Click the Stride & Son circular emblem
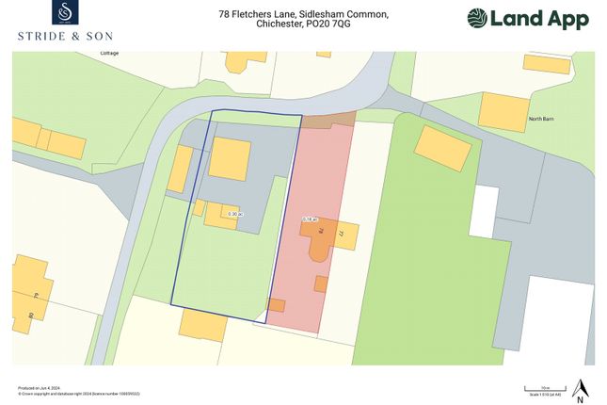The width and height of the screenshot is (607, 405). point(65,13)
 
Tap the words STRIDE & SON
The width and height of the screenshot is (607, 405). point(65,36)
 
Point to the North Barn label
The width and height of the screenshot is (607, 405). point(541,119)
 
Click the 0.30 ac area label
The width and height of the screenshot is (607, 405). point(235,215)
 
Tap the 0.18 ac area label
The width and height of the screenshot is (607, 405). point(308,219)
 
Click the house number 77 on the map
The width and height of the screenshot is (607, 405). point(344,232)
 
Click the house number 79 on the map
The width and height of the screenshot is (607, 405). point(35,296)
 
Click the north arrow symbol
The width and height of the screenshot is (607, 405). point(582,387)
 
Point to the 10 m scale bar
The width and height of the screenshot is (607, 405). point(545,387)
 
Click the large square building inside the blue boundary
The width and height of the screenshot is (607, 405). point(230,158)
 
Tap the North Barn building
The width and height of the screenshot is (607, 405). point(503,111)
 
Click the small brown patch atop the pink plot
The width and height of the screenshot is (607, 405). point(328,121)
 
